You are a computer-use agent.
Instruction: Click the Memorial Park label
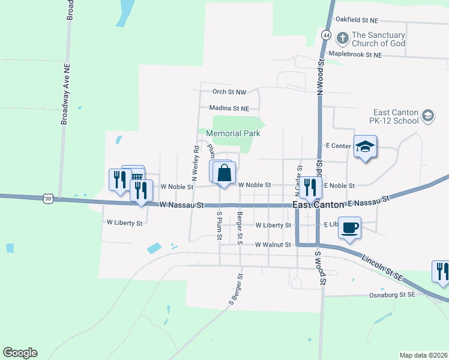click(x=233, y=133)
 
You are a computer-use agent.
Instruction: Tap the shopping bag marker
click(x=224, y=173)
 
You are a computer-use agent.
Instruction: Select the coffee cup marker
click(x=349, y=228)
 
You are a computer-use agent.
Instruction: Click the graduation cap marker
click(x=364, y=147)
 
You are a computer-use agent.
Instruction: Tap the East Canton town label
click(x=318, y=205)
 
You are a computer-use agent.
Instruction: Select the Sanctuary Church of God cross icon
click(x=342, y=39)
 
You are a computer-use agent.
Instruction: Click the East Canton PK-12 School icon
click(x=427, y=116)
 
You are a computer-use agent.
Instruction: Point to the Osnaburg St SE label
click(x=391, y=295)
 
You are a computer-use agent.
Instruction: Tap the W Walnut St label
click(x=273, y=245)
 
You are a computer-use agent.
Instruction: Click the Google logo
click(x=20, y=353)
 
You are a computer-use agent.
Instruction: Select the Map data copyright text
click(x=423, y=355)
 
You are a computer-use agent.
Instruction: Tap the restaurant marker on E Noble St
click(x=310, y=187)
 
